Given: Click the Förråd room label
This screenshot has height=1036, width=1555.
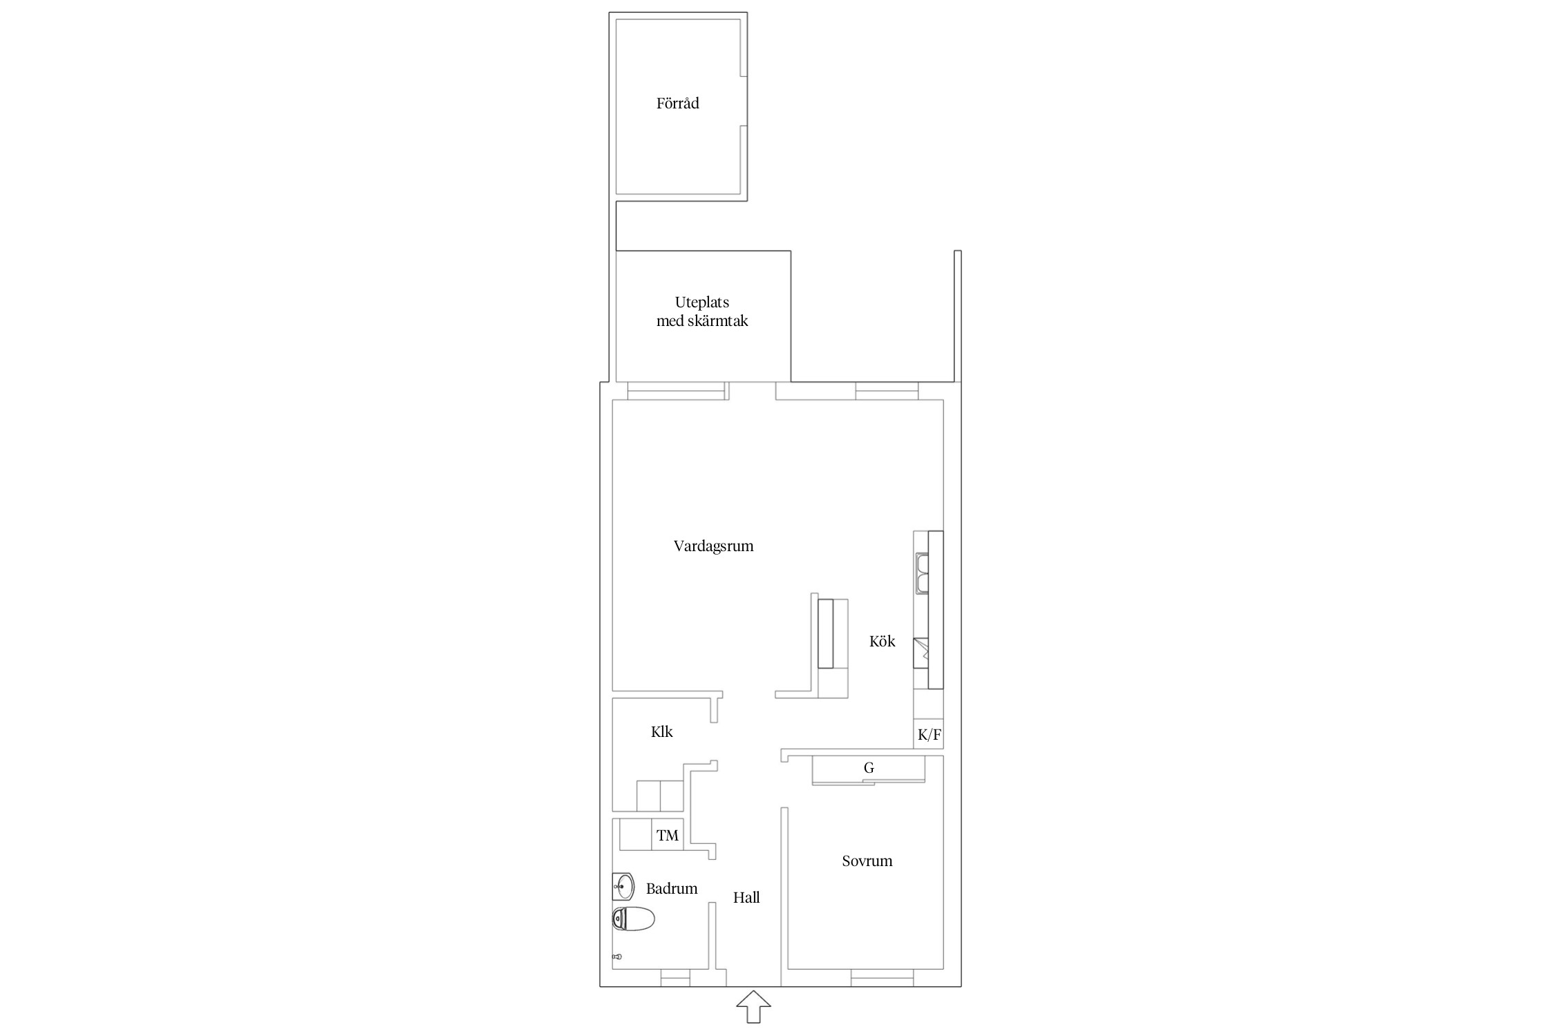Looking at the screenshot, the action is [x=677, y=104].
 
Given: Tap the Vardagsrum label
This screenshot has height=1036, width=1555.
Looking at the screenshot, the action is [x=713, y=546].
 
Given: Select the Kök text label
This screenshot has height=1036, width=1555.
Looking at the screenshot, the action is [x=882, y=641].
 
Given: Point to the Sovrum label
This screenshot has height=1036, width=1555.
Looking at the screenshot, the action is [x=867, y=861].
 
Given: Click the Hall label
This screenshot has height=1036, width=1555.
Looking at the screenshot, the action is [x=746, y=897].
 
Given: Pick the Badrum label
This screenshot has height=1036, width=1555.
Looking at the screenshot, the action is [x=672, y=889].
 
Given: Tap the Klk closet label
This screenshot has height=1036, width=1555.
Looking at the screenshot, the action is [x=661, y=732].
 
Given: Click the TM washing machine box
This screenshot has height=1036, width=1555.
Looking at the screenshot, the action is [x=668, y=835].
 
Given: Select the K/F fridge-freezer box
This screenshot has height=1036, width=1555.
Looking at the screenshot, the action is [x=929, y=735].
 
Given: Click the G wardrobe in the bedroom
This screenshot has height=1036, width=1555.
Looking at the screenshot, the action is [x=869, y=770].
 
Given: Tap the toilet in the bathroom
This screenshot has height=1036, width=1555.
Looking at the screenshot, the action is [x=633, y=919].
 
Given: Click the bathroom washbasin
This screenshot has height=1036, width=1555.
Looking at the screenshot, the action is [x=623, y=886].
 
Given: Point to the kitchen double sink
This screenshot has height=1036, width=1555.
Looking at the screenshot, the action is [x=921, y=573].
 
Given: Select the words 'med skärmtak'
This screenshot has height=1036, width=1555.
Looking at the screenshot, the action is [x=702, y=321].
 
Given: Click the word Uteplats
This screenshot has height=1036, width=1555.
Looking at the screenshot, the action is [x=702, y=303].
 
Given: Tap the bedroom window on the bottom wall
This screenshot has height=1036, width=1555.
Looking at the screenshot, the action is [x=882, y=978].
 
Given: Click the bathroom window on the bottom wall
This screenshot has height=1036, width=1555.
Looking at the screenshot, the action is [x=675, y=978].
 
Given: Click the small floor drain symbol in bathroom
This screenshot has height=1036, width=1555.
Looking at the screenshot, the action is [x=617, y=957].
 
